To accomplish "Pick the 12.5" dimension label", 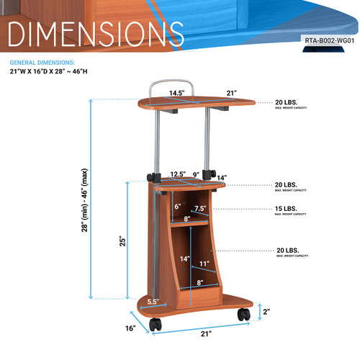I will pos(179,174).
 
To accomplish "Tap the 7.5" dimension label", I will pos(201,209).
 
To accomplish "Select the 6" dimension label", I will pos(177,206).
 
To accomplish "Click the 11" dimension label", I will pos(204,264).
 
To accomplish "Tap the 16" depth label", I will pos(130,328).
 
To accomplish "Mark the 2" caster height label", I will pos(267,311).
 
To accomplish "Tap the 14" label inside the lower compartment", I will pos(184,258).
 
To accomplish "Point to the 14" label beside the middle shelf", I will pos(222,178).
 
